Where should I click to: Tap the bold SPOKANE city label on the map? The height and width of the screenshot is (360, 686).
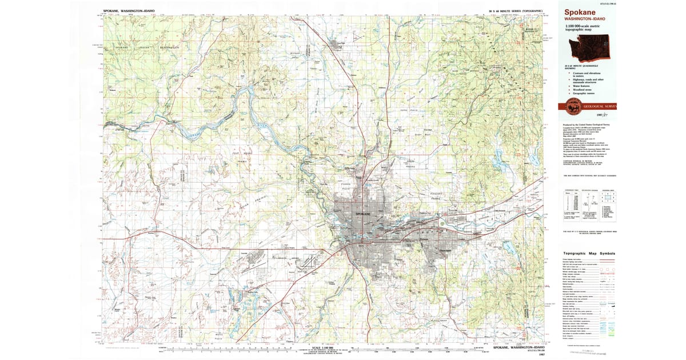click(x=363, y=213)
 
